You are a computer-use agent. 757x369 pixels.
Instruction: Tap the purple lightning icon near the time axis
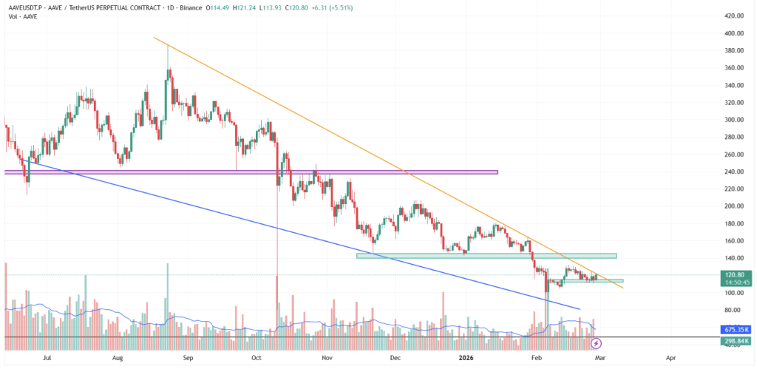tap(597, 343)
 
